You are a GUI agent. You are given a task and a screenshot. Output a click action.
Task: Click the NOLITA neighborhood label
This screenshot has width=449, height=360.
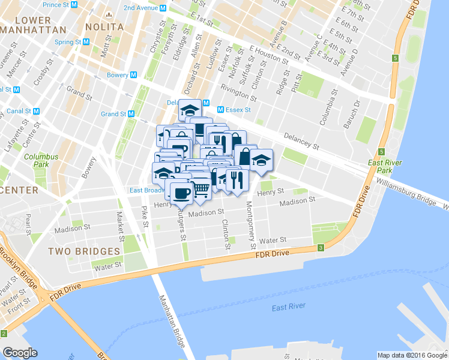(104, 27)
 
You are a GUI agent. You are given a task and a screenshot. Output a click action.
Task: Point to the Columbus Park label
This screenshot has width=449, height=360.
(41, 160)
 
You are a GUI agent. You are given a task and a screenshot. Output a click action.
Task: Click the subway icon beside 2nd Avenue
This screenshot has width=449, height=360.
(163, 8)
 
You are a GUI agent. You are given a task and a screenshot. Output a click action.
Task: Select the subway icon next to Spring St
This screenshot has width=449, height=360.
(86, 42)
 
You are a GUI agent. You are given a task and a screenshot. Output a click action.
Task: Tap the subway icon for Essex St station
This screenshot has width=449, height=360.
(220, 110)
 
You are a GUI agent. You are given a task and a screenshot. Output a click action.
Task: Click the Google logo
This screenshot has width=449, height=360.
(20, 352)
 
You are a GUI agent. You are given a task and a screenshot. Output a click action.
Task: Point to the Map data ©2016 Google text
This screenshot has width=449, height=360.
(411, 355)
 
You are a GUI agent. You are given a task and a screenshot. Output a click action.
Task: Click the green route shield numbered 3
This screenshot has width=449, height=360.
(321, 247)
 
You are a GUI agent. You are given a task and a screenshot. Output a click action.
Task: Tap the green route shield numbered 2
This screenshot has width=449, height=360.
(4, 333)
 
